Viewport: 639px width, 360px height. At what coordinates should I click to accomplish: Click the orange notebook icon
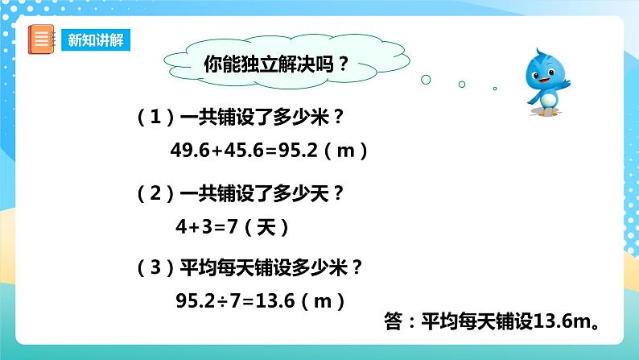pos(41,40)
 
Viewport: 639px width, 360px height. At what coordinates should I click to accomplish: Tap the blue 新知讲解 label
pos(95,41)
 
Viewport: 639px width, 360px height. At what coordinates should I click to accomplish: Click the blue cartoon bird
pos(544,81)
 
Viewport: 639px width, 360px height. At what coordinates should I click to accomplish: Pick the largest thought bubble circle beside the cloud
pos(426,79)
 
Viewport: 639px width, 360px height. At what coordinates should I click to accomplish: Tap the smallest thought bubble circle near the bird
pos(495,89)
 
